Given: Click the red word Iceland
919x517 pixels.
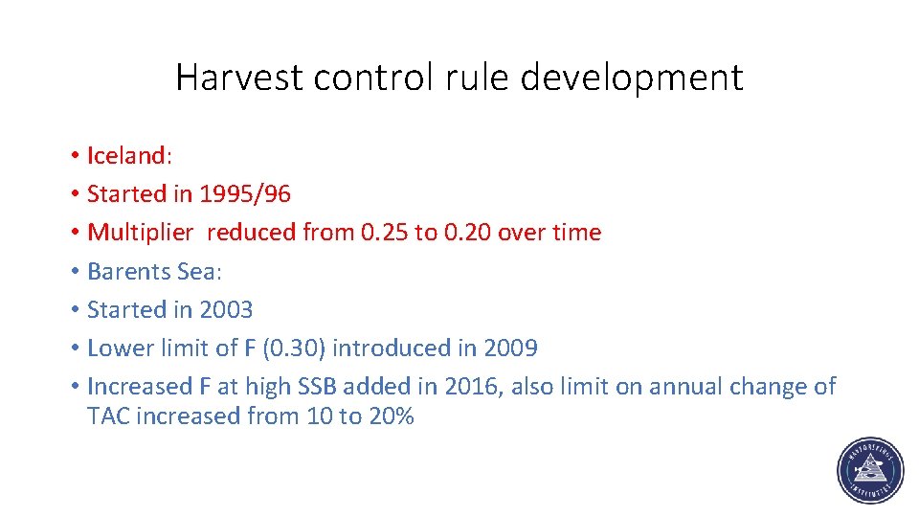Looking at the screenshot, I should click(x=125, y=155).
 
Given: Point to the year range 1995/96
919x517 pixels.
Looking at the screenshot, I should click(x=245, y=194).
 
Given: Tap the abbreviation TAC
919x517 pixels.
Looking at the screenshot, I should click(x=109, y=416).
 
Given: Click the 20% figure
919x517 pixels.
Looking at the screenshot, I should click(x=390, y=416).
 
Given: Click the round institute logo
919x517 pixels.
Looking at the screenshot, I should click(x=869, y=472).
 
